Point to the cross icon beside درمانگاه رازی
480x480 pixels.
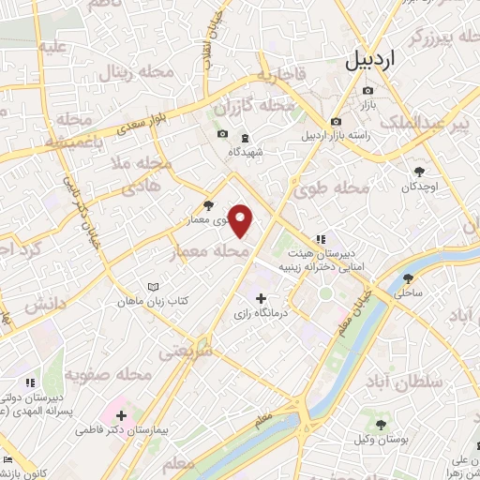pyautogui.click(x=261, y=324)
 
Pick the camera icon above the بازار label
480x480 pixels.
pyautogui.click(x=366, y=91)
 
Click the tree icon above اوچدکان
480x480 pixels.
pyautogui.click(x=419, y=171)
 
